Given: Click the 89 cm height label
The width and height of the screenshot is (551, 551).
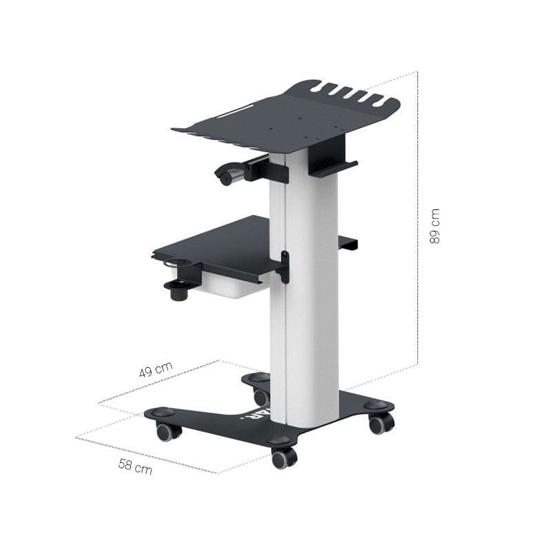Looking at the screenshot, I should [x=435, y=227].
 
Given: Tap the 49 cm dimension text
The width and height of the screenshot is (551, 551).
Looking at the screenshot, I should [x=156, y=370].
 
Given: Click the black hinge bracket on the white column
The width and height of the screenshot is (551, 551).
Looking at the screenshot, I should [x=283, y=267].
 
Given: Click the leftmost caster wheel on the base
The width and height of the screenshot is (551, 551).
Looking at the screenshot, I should [x=167, y=432].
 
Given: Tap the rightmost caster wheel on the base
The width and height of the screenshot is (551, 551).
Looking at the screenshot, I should [x=380, y=423].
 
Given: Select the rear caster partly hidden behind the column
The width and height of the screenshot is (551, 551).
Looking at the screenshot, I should [x=260, y=397].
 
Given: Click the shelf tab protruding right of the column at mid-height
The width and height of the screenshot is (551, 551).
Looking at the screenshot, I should [x=348, y=242].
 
